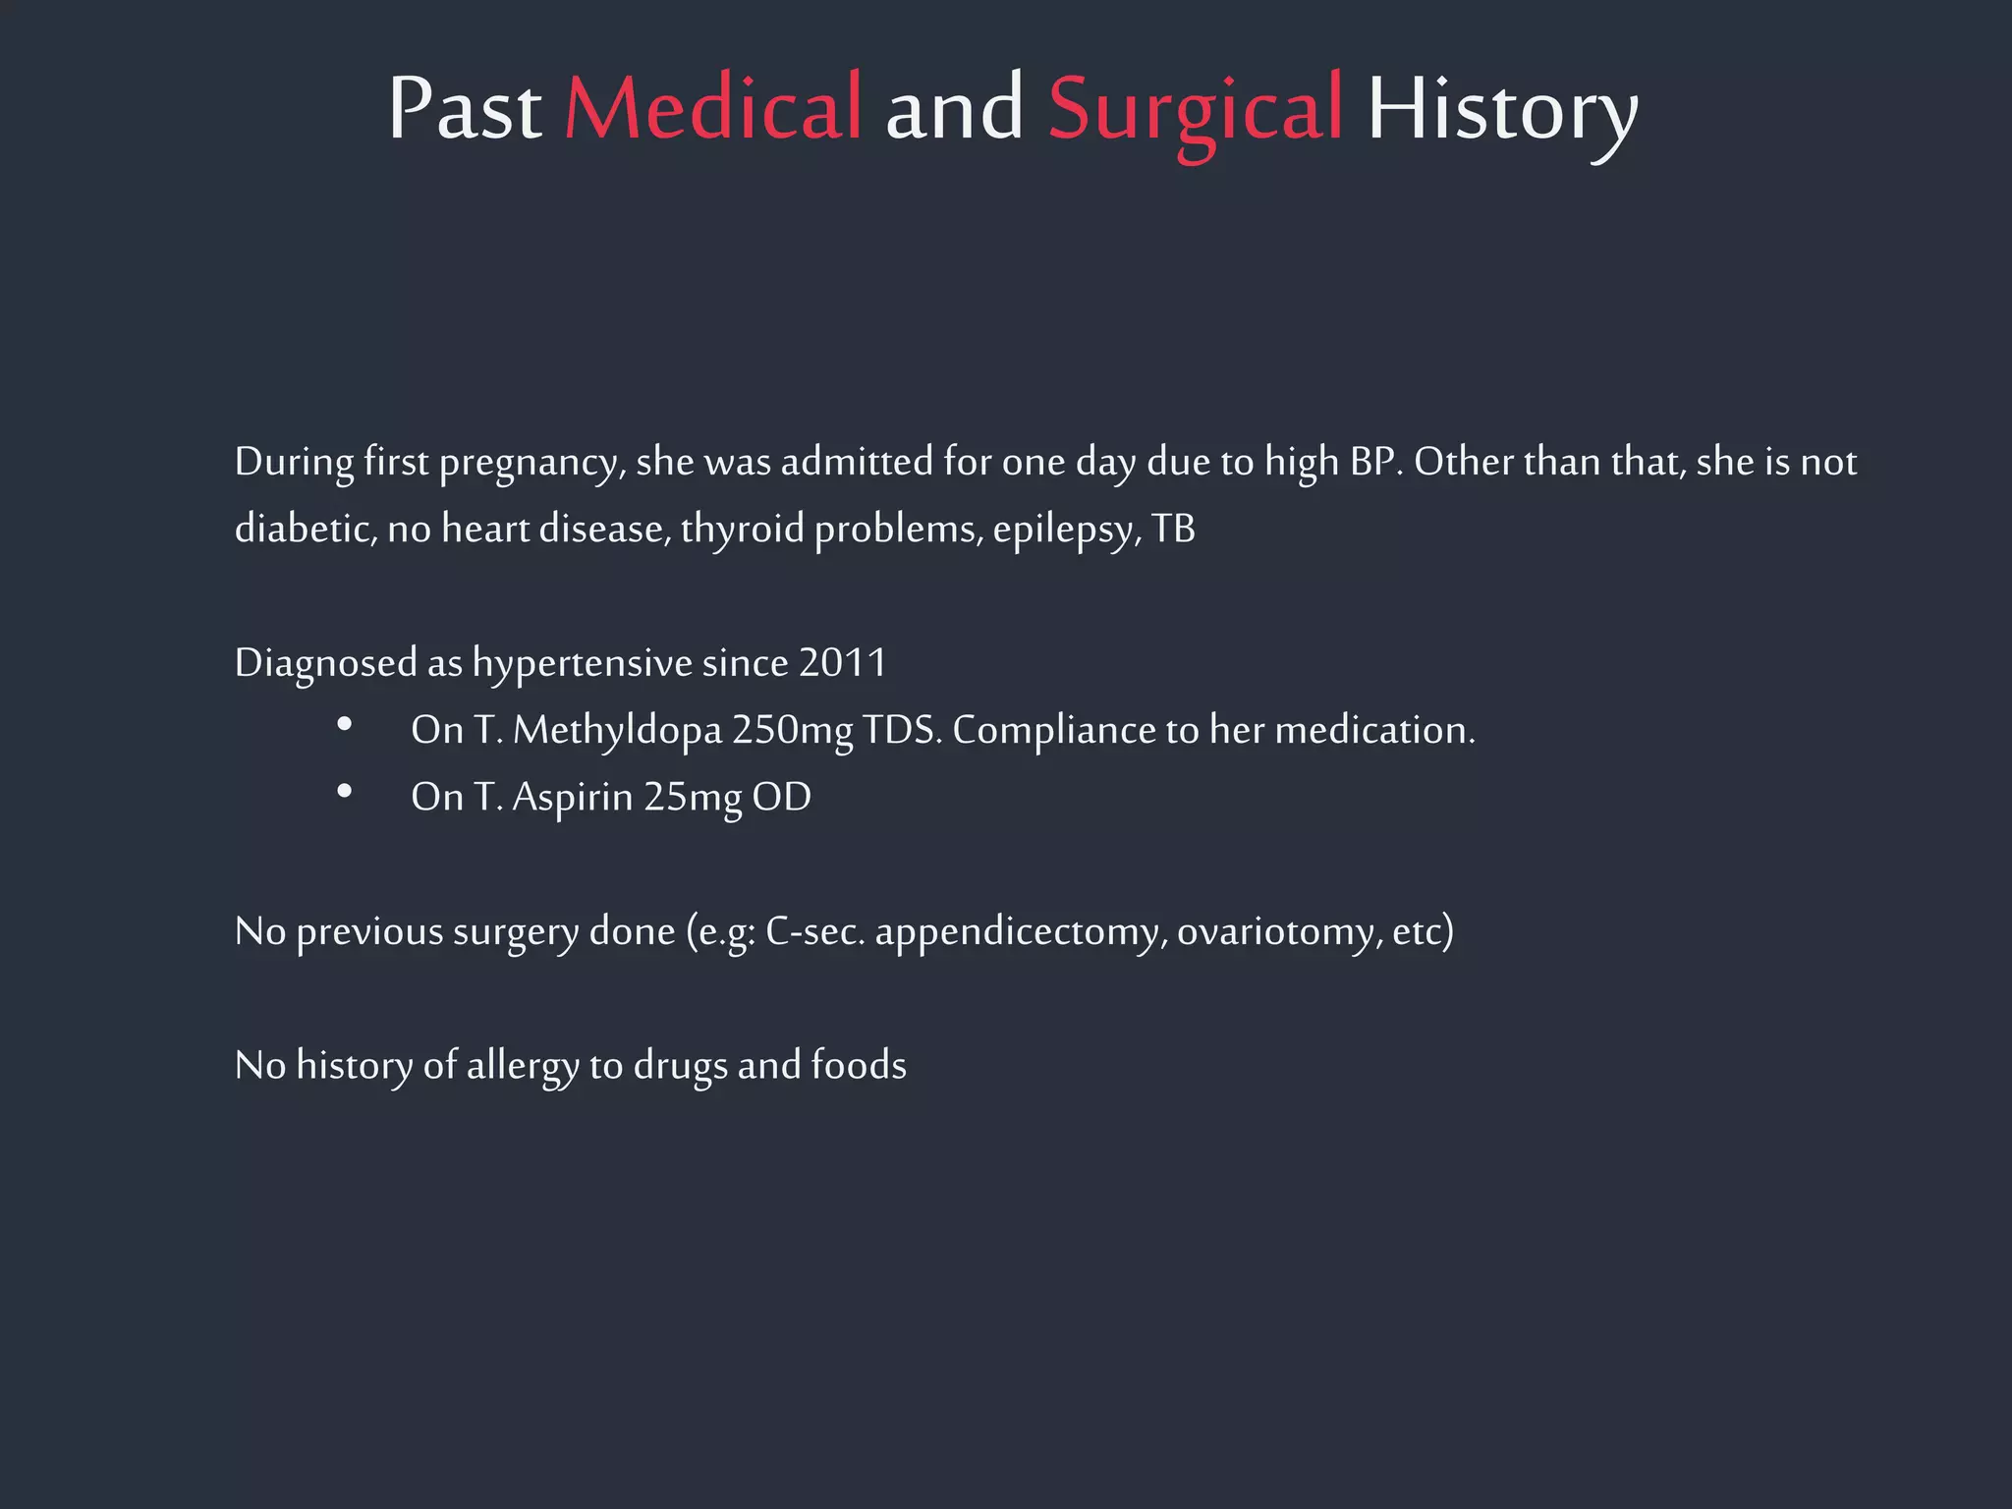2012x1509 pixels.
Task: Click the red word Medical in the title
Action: click(713, 108)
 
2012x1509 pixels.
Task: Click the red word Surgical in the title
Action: click(1195, 108)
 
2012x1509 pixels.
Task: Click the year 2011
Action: click(843, 663)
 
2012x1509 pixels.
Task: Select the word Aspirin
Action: click(573, 798)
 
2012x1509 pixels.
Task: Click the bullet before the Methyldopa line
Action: click(344, 725)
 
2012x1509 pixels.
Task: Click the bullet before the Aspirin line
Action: click(344, 792)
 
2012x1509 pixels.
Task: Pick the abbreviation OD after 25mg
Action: click(782, 798)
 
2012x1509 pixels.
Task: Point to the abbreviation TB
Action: click(1173, 530)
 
